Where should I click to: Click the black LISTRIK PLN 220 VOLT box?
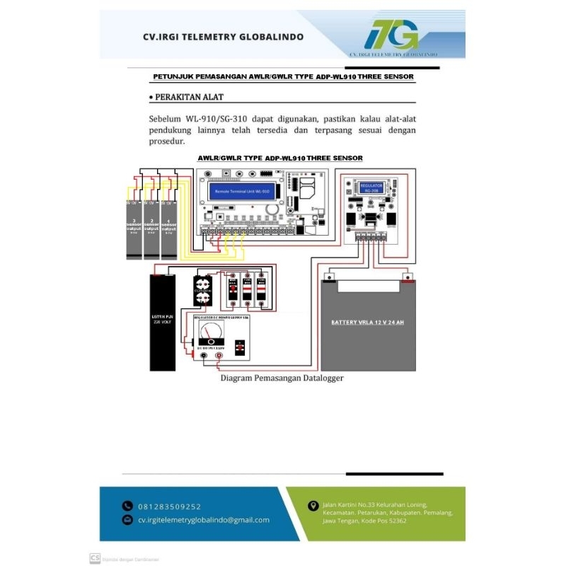pyautogui.click(x=162, y=322)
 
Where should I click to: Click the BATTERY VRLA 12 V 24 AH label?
pyautogui.click(x=368, y=322)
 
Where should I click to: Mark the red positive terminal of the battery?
pyautogui.click(x=406, y=277)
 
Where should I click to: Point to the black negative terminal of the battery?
pyautogui.click(x=329, y=277)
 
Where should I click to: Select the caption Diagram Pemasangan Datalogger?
pyautogui.click(x=282, y=379)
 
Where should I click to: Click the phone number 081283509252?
pyautogui.click(x=169, y=506)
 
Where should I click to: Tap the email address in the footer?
pyautogui.click(x=203, y=519)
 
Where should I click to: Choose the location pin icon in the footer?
pyautogui.click(x=313, y=505)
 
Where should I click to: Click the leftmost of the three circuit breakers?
pyautogui.click(x=232, y=290)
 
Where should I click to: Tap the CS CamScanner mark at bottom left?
pyautogui.click(x=94, y=558)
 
